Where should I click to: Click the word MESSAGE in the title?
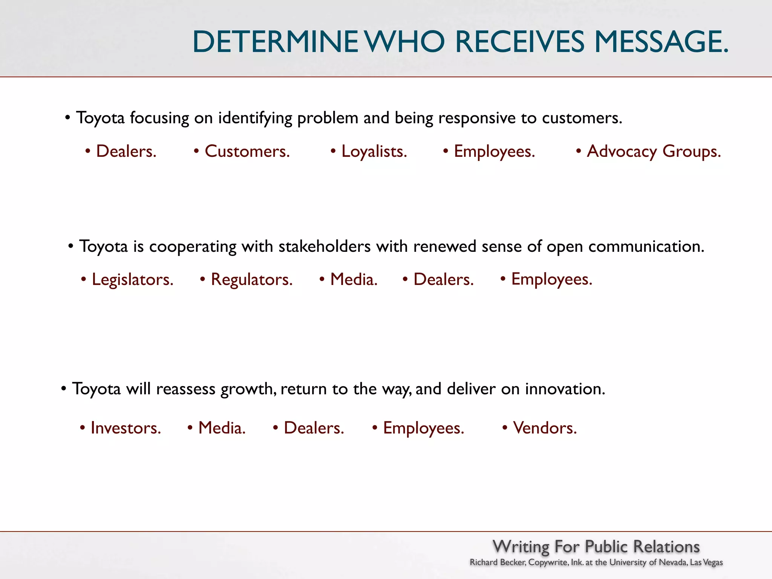(661, 41)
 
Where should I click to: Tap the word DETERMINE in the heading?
(275, 41)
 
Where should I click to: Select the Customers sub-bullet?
(247, 151)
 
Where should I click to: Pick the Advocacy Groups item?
(654, 151)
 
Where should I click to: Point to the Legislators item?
(132, 280)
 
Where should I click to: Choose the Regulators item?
(251, 280)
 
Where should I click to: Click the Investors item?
(126, 428)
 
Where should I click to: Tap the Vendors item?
(545, 428)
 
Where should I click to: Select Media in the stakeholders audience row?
(354, 280)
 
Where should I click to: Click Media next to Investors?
(222, 428)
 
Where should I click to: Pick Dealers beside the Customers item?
(126, 151)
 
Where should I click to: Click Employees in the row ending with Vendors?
(423, 428)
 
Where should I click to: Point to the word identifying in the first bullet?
(255, 118)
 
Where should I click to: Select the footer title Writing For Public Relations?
(596, 546)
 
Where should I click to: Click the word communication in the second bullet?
(646, 247)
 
